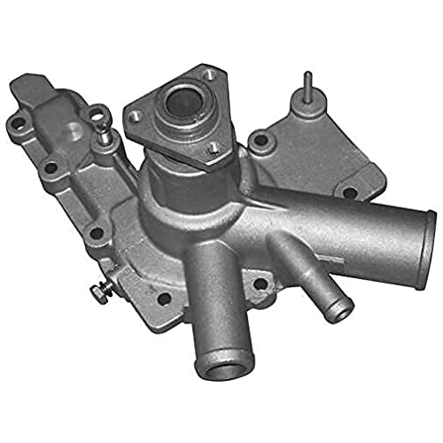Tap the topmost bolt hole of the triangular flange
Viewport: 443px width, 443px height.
point(208,76)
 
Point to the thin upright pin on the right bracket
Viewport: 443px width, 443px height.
point(307,89)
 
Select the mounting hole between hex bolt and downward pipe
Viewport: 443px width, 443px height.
point(162,299)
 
